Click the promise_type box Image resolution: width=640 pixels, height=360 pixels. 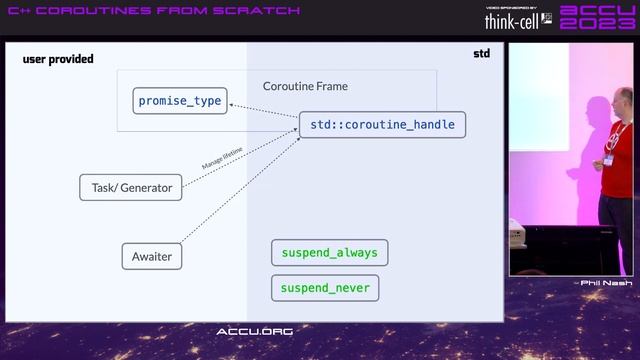[x=180, y=101]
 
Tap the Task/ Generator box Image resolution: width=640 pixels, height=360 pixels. [x=131, y=187]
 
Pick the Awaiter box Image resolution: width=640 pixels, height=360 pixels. [x=152, y=256]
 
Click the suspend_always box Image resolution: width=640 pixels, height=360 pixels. [x=329, y=253]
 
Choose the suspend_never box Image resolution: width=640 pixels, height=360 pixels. [x=325, y=288]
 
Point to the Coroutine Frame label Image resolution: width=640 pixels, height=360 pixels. [x=305, y=86]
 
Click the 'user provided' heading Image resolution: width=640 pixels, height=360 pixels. [x=58, y=59]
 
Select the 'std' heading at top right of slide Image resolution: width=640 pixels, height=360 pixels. [x=481, y=53]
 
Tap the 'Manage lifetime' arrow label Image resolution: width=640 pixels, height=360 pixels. [x=223, y=157]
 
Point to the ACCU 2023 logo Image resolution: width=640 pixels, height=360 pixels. [x=595, y=18]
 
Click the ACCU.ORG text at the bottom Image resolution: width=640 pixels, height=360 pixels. [x=254, y=331]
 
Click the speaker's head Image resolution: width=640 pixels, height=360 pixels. [x=622, y=101]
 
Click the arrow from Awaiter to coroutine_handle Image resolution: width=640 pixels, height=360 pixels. [x=240, y=190]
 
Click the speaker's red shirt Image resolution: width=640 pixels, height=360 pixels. [x=620, y=160]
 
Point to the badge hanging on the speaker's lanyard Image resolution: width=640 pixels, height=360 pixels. [x=608, y=159]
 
